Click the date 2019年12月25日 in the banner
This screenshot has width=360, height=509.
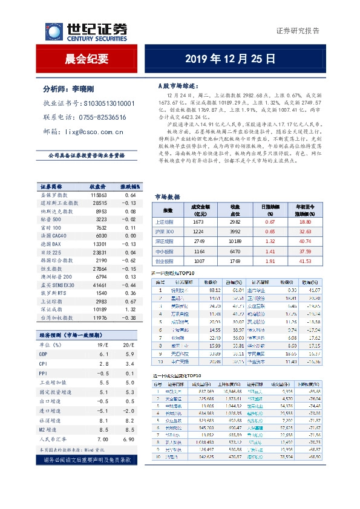tap(230, 59)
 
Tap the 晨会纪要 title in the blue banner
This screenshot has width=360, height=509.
tap(87, 59)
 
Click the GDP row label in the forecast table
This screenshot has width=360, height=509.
tap(43, 353)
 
